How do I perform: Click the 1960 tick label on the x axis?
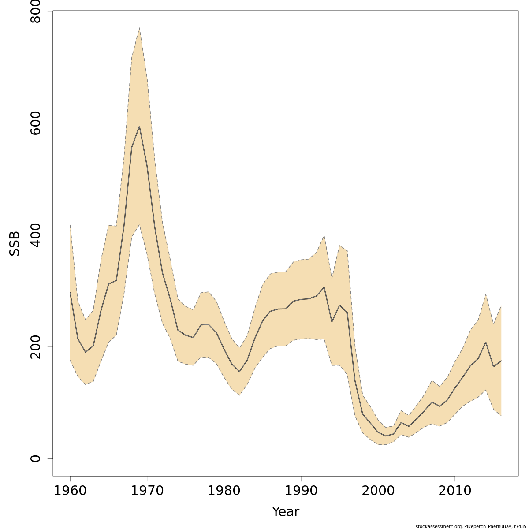pos(70,491)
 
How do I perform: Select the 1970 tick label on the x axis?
pos(147,491)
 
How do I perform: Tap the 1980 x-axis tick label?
pos(224,491)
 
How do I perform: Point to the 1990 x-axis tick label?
pos(301,491)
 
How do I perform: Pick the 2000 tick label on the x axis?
pos(378,491)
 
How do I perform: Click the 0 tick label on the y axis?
pos(36,458)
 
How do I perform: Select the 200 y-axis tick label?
pos(36,346)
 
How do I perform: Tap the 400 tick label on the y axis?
pos(36,235)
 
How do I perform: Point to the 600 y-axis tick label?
pos(36,123)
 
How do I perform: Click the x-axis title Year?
pos(286,512)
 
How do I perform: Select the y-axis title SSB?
pos(15,244)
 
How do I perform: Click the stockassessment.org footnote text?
pos(471,526)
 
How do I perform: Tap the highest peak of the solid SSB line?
pos(139,126)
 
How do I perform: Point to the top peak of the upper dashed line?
pos(139,27)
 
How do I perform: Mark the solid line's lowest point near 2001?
pos(386,436)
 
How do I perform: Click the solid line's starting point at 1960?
pos(70,292)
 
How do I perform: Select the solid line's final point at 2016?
pos(501,361)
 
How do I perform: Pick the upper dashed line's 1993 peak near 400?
pos(324,236)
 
